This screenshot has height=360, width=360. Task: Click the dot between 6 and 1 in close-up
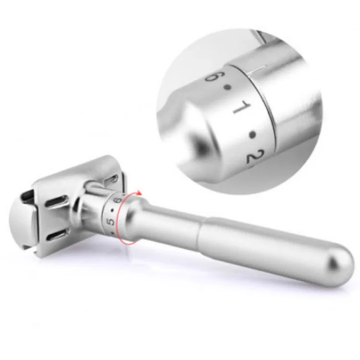point(228,87)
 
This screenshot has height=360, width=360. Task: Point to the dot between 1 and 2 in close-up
point(253,134)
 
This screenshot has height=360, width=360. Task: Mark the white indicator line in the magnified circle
point(256,71)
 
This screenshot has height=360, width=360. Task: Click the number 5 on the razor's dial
point(111,222)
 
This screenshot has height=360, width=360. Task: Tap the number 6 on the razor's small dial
point(118,200)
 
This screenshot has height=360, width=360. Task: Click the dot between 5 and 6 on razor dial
point(112,210)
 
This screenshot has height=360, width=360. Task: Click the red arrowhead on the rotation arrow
point(139,193)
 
